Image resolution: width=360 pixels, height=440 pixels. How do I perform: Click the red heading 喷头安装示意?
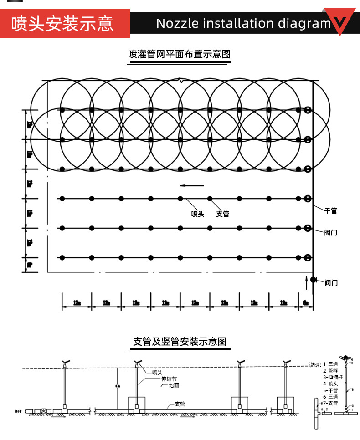pyautogui.click(x=62, y=23)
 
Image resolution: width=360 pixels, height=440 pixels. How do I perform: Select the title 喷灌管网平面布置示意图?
pyautogui.click(x=180, y=54)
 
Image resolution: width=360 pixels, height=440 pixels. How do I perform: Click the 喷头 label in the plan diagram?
pyautogui.click(x=197, y=214)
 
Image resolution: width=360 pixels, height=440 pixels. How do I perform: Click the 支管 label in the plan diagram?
pyautogui.click(x=222, y=214)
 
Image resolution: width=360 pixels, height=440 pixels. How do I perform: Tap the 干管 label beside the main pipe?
pyautogui.click(x=330, y=211)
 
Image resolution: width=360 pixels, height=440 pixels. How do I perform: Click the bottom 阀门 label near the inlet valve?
pyautogui.click(x=331, y=283)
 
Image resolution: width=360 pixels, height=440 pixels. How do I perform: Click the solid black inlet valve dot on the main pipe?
pyautogui.click(x=313, y=279)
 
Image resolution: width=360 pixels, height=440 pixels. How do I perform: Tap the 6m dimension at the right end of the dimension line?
pyautogui.click(x=306, y=303)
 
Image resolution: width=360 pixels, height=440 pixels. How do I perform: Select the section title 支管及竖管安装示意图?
pyautogui.click(x=180, y=342)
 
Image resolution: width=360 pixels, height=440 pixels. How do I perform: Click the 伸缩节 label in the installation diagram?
pyautogui.click(x=168, y=379)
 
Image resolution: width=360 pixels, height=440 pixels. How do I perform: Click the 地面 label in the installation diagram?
pyautogui.click(x=174, y=385)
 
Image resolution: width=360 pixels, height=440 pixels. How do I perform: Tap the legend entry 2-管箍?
pyautogui.click(x=330, y=371)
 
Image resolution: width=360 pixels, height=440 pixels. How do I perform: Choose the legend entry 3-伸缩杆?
pyautogui.click(x=332, y=377)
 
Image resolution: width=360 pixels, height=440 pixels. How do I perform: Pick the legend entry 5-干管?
pyautogui.click(x=330, y=390)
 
